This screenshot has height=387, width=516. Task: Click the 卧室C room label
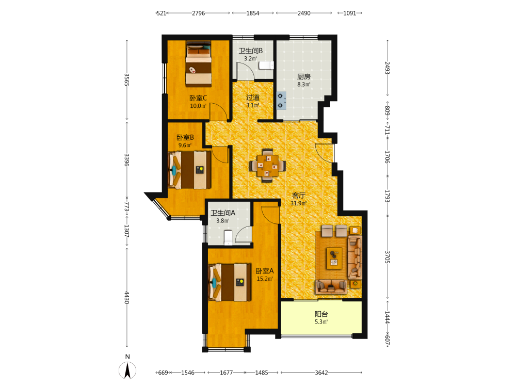pos(198,98)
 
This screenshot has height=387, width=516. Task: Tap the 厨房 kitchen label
pos(304,77)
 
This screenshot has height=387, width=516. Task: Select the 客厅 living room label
pos(298,196)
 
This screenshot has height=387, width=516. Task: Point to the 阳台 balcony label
pos(321,314)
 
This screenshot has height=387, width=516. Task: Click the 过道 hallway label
pos(253,98)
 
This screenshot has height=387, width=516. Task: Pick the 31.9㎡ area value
pos(298,203)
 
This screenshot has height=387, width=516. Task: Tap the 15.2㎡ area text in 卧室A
pos(265,279)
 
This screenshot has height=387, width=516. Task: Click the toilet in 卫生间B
pos(266,65)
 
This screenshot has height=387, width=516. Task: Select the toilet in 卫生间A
pos(228,237)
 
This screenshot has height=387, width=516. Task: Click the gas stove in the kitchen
pos(281,101)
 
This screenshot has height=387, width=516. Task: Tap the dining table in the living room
pos(267,166)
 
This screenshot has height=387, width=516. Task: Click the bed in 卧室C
pos(199,64)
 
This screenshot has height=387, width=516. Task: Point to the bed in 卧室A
pos(230,282)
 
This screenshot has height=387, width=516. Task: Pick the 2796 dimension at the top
pos(199,13)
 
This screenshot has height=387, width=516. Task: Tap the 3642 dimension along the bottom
pos(321,373)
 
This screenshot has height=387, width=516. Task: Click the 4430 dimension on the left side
pos(127,298)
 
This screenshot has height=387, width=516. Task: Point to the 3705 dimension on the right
pos(388,257)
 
